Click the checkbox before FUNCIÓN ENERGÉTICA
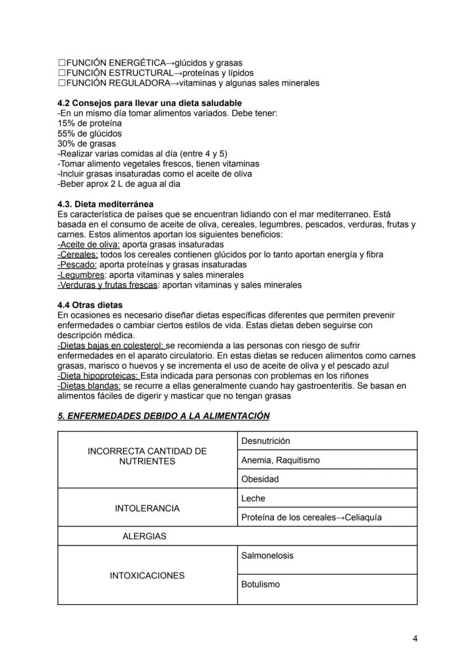click(x=62, y=63)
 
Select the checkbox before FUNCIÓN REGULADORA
click(x=62, y=83)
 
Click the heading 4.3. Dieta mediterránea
click(x=106, y=204)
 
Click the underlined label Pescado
click(x=78, y=264)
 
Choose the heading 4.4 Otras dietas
click(x=90, y=305)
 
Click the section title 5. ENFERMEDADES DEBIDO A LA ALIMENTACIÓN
click(x=163, y=416)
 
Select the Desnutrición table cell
click(x=266, y=441)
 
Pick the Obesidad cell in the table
click(x=260, y=479)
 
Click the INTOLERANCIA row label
click(x=147, y=508)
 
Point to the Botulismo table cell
click(x=260, y=584)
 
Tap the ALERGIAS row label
click(x=144, y=536)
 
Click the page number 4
click(x=414, y=639)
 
